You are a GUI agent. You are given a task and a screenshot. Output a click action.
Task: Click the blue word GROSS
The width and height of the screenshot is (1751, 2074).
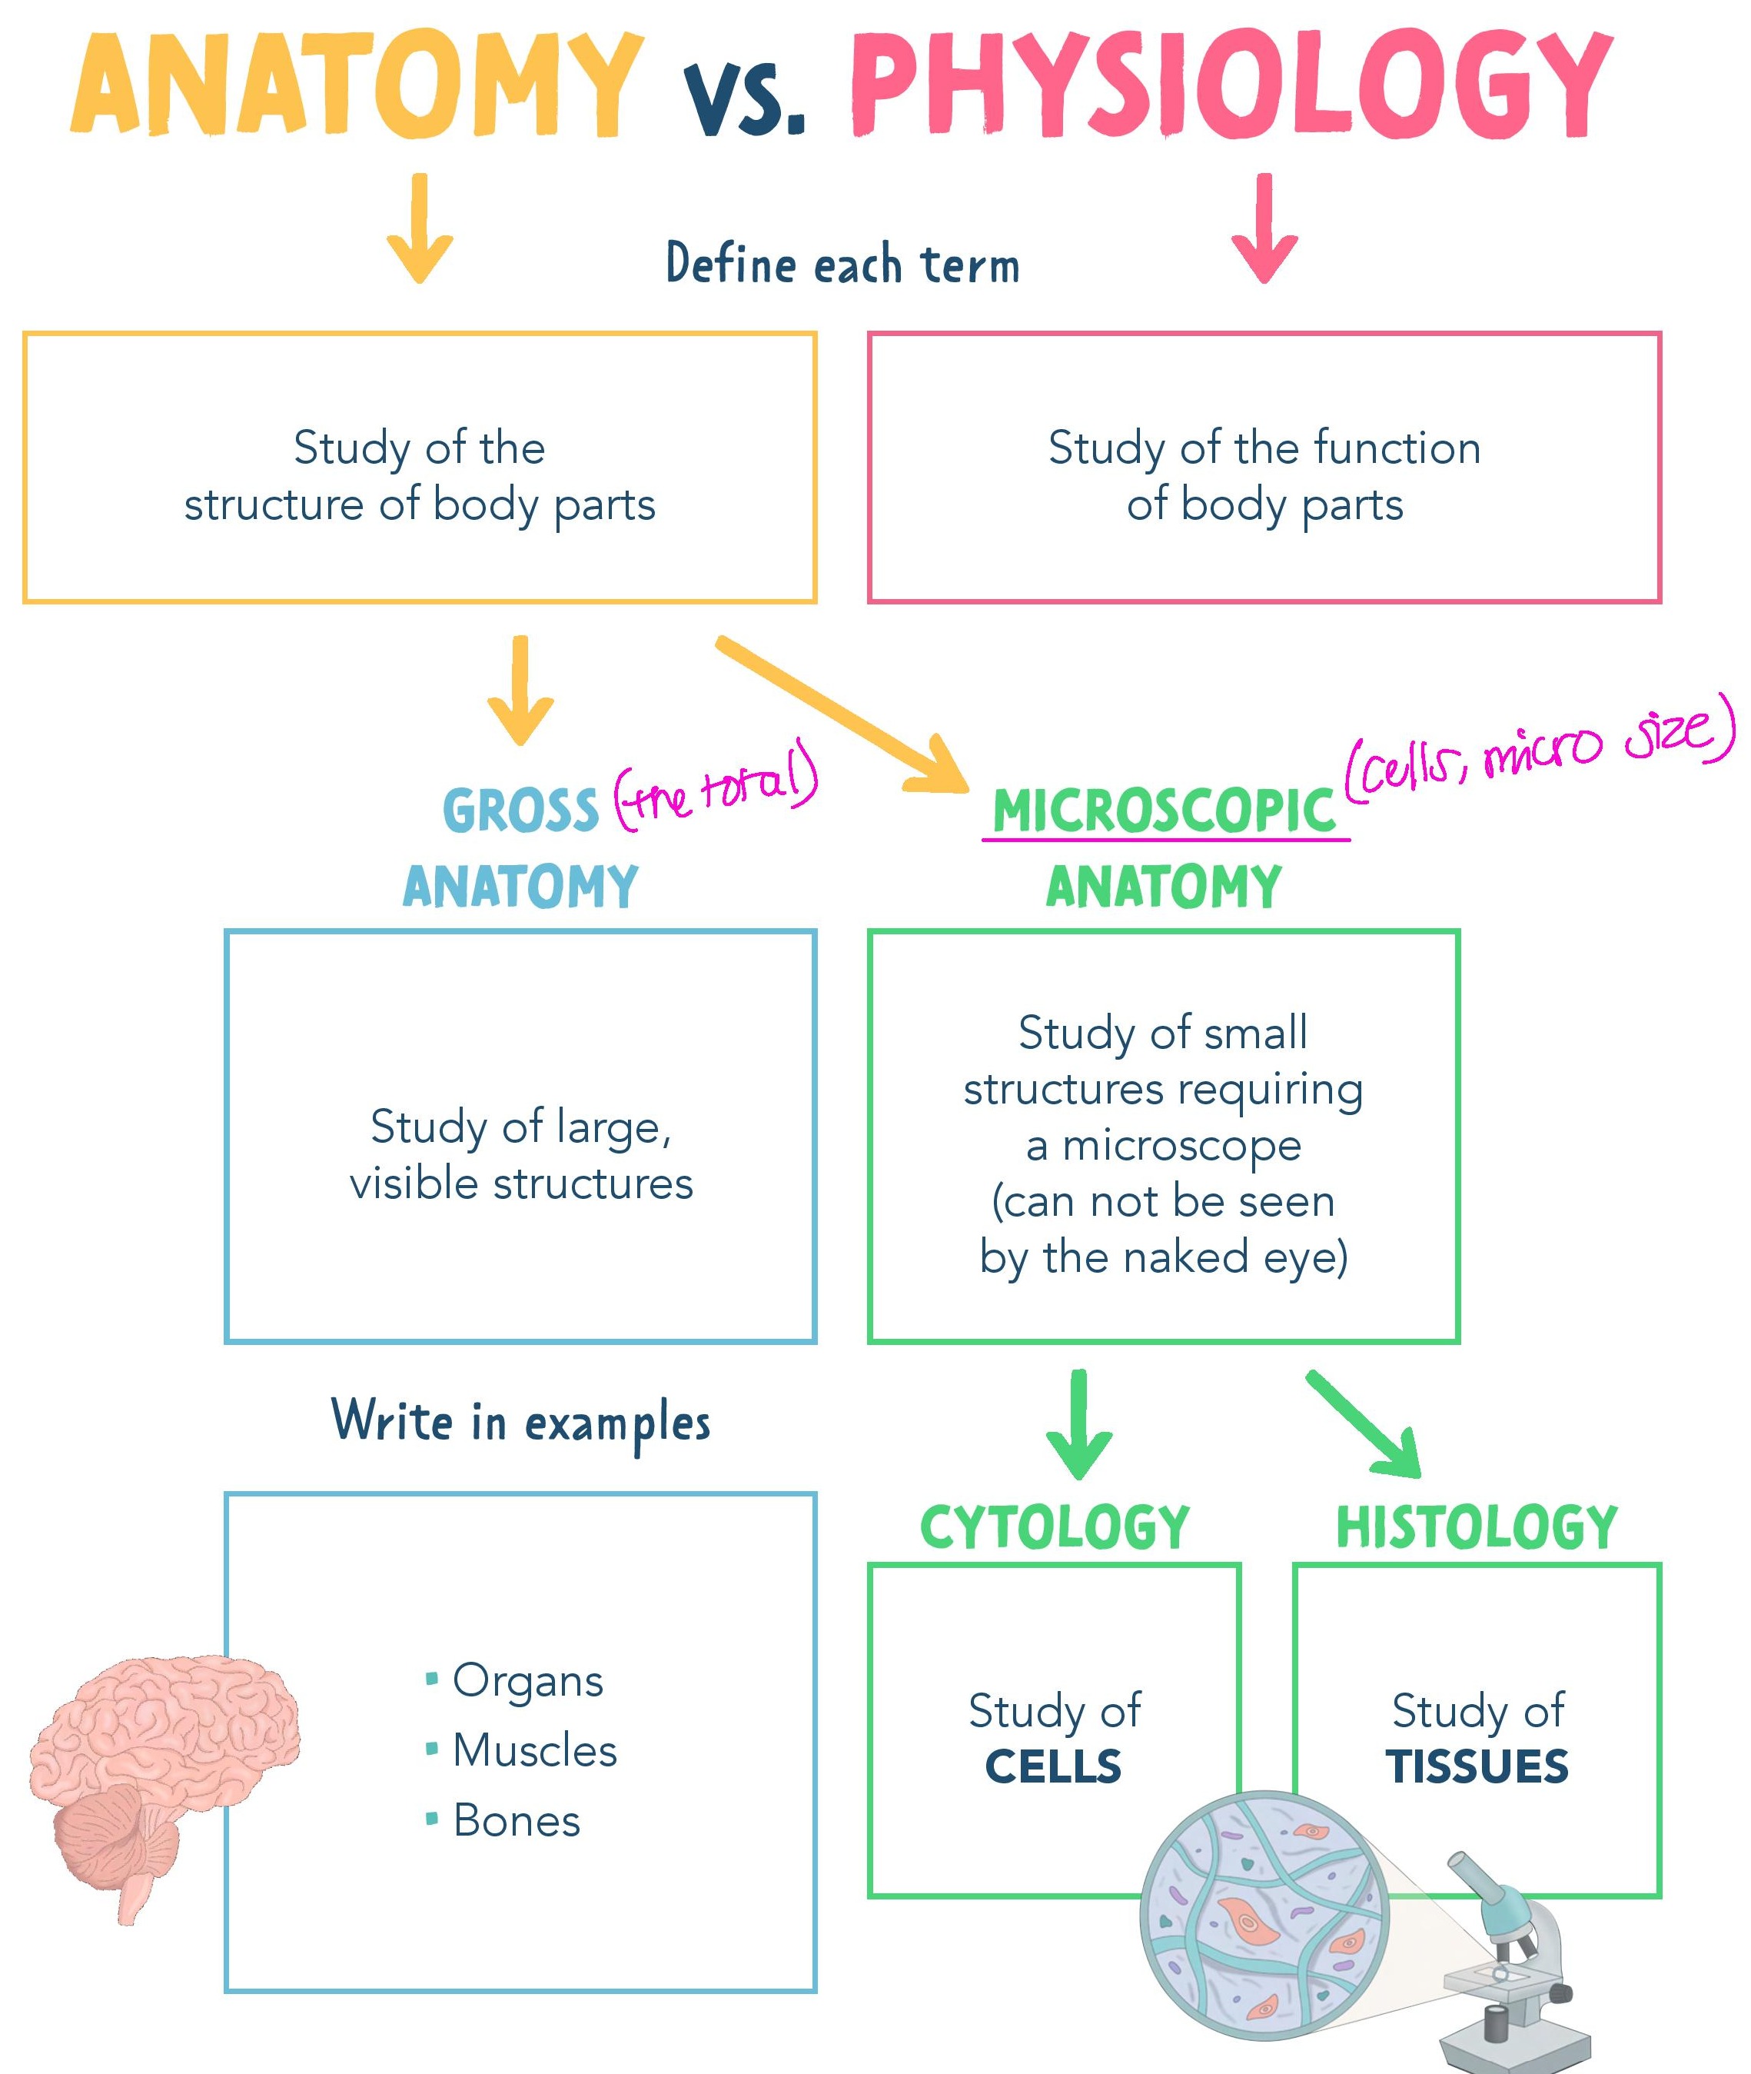point(521,811)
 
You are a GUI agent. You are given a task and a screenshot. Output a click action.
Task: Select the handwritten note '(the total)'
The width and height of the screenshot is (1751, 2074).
point(716,789)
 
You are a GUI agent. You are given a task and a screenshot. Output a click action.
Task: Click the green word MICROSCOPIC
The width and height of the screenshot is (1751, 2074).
point(1165,811)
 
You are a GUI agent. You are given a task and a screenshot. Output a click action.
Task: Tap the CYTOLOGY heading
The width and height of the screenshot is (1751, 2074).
point(1054,1527)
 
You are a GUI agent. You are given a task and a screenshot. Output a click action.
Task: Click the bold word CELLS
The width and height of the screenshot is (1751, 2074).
point(1053,1766)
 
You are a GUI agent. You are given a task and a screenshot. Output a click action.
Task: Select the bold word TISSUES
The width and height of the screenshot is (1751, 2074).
point(1477,1766)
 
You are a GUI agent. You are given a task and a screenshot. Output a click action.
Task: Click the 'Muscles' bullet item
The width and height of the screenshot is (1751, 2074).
point(534,1750)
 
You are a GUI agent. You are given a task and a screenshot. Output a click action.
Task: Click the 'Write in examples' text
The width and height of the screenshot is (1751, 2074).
point(521,1422)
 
